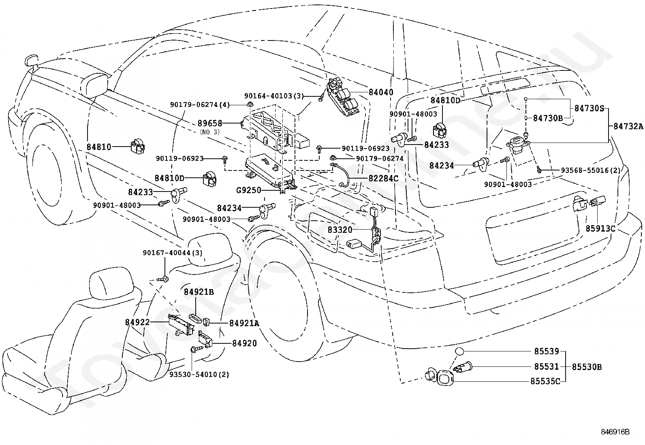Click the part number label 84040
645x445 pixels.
click(x=381, y=92)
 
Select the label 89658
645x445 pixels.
click(x=210, y=123)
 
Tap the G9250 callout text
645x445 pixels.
click(x=249, y=190)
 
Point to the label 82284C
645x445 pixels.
click(x=384, y=179)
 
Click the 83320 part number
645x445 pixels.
click(x=340, y=230)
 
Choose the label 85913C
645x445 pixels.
click(x=600, y=228)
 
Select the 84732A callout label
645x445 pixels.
click(x=628, y=126)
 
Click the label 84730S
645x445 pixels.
click(x=589, y=108)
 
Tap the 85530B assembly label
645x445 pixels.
click(x=587, y=367)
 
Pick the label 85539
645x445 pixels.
click(x=547, y=351)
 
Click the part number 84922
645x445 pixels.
click(x=137, y=322)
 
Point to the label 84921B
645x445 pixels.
click(x=199, y=292)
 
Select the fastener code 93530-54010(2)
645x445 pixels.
click(x=199, y=375)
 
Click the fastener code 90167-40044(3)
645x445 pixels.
click(x=173, y=253)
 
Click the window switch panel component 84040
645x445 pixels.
click(x=343, y=96)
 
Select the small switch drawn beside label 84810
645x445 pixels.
click(x=137, y=147)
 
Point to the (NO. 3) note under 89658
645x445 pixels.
click(x=209, y=132)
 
